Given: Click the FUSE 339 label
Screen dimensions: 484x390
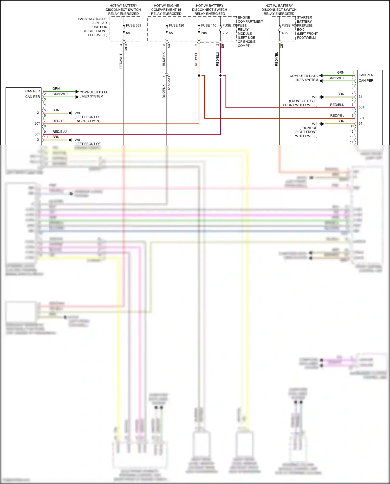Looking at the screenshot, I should coord(133,25).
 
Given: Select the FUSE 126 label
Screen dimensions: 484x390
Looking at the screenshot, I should coord(176,25).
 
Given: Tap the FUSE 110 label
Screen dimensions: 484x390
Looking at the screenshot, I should coord(209,25).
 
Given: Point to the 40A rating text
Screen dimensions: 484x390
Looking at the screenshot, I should coord(285,33).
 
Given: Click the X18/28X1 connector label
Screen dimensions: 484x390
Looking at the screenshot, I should coord(169,83).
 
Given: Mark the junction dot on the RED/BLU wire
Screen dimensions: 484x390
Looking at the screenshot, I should coord(220,75).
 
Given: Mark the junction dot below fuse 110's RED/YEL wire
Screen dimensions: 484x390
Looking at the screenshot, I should coord(199,75).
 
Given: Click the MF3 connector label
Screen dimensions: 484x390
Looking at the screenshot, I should coord(126,47).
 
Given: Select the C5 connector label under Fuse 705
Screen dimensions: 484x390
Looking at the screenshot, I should coord(282,46).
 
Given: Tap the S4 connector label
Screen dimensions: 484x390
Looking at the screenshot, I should coord(169,46).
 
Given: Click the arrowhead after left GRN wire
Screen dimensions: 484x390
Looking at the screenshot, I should coord(77,92).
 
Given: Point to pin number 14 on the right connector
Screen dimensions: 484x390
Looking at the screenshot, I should coord(352,142).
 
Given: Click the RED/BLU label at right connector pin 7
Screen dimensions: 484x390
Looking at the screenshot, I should coord(337,105).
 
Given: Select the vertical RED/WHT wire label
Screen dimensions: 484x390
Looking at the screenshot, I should coord(121,61).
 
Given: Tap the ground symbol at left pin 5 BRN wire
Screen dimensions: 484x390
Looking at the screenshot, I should coord(71,113).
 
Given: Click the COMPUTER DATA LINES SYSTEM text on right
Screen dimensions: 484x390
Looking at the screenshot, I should coord(304,78).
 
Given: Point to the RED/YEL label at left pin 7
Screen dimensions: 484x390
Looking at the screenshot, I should coord(59,121).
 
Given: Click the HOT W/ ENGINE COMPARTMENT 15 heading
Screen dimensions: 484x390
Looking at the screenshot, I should coord(166,10).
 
